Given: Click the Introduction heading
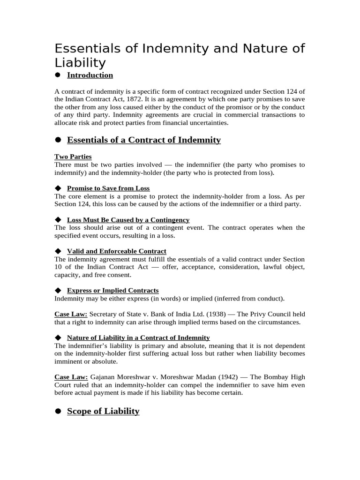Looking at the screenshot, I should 90,75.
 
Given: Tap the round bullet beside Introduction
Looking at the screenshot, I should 58,75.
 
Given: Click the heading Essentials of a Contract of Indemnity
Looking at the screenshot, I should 144,140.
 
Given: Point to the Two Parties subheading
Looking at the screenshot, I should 73,157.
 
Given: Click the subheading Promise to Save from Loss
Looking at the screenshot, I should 108,188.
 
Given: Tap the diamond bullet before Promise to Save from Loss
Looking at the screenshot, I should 58,188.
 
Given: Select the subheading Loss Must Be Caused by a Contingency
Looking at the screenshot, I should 128,219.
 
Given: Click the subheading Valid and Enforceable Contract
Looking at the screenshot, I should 116,251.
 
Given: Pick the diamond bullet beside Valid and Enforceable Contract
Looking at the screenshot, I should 58,251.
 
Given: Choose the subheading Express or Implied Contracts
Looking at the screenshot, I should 112,290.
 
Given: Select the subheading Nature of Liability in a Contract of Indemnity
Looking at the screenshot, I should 138,337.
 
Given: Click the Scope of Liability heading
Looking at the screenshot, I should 103,411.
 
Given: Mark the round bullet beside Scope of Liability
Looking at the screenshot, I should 58,411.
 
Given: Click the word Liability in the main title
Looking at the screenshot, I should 80,63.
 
